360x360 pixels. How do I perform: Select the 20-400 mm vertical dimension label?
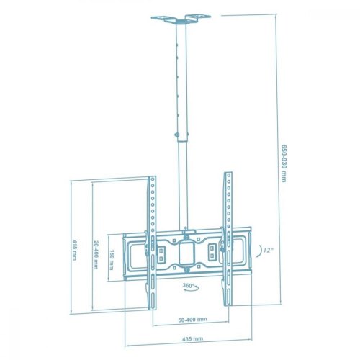[95, 254]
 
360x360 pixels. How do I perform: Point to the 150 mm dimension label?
[113, 258]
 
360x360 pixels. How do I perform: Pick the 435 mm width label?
[193, 338]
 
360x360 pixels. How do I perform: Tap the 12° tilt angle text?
[268, 249]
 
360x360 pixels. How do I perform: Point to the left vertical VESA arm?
[151, 238]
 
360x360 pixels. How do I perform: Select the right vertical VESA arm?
[228, 238]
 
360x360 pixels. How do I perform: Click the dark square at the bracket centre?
[189, 253]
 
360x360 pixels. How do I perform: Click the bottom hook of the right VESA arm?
[228, 297]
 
